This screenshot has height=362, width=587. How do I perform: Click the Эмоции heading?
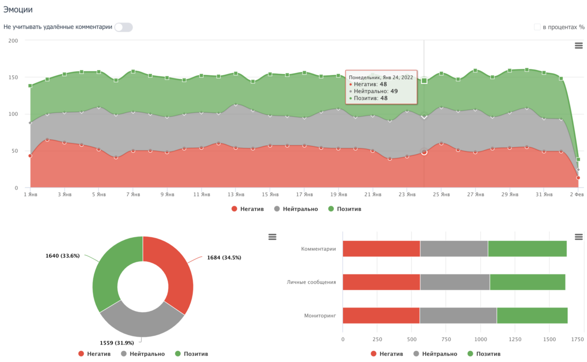point(18,9)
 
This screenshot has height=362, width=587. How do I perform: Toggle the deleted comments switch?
point(123,27)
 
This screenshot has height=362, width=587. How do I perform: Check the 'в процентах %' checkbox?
point(537,27)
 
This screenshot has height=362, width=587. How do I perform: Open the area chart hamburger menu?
point(579,45)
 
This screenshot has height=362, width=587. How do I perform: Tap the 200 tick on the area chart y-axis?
point(13,40)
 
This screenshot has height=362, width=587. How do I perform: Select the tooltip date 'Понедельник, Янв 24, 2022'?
point(381,77)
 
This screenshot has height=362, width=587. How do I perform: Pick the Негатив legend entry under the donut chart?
point(95,354)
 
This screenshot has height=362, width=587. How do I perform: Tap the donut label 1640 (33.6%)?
point(62,256)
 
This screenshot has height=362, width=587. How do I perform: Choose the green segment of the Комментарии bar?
point(527,249)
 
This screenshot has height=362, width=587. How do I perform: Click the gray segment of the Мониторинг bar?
point(458,316)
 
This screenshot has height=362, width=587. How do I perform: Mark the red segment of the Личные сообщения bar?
point(381,282)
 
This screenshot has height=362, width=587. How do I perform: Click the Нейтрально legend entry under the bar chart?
point(435,354)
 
